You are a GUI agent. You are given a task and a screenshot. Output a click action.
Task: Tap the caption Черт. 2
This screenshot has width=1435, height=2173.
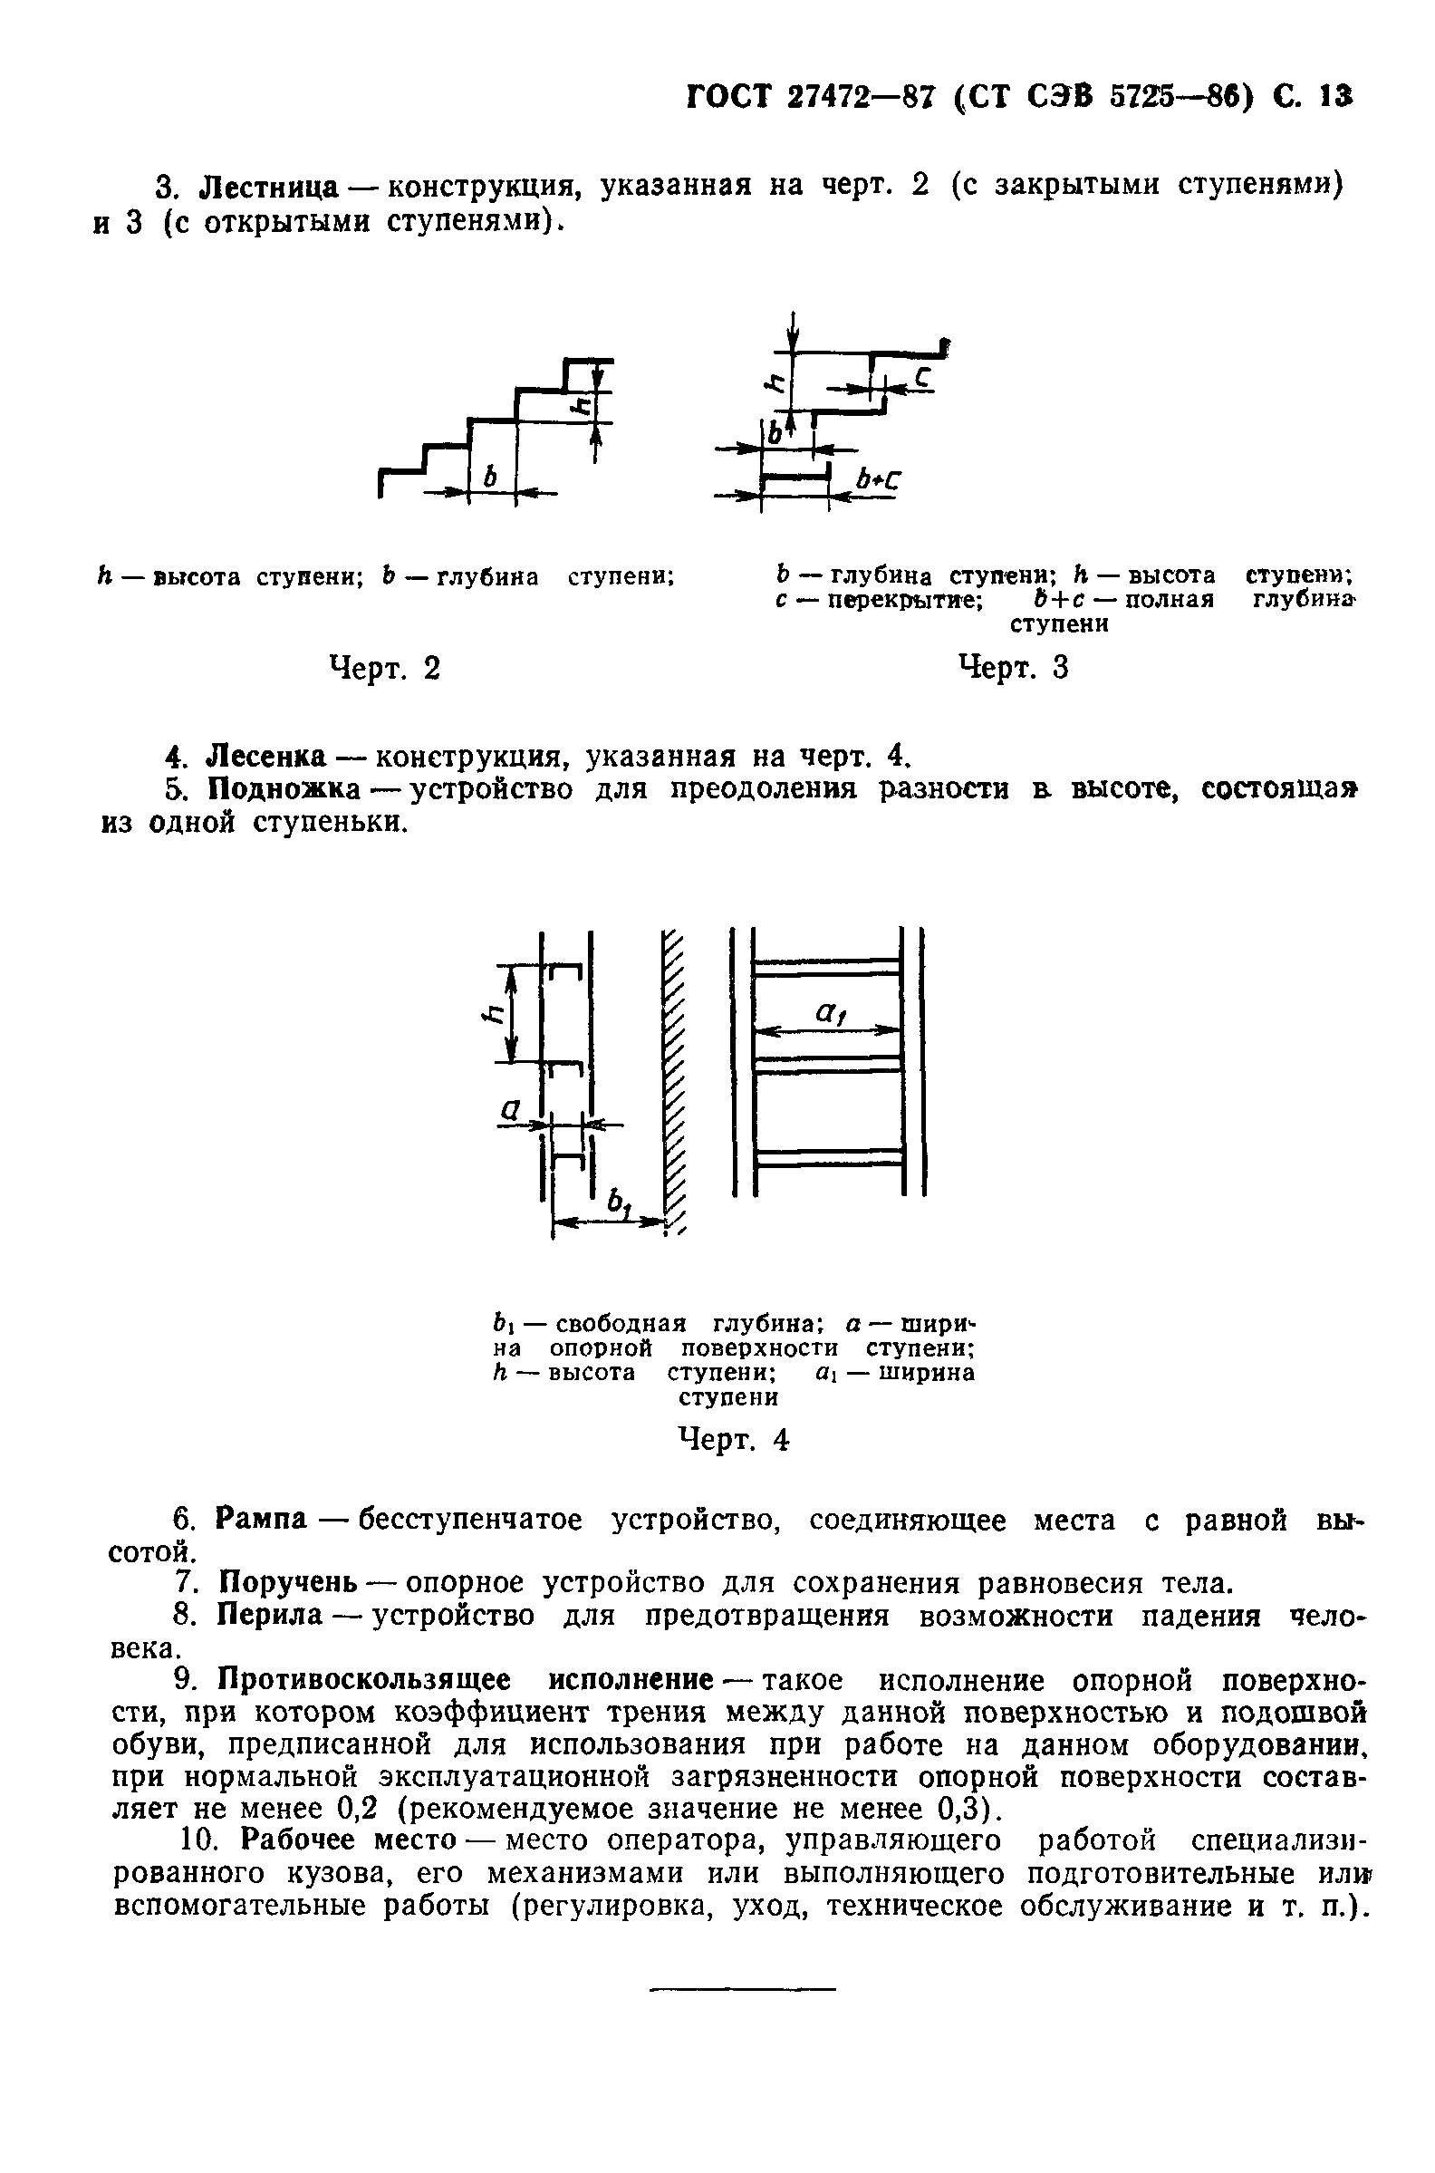click(384, 668)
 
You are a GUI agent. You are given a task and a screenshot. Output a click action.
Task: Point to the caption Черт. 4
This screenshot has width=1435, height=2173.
click(732, 1440)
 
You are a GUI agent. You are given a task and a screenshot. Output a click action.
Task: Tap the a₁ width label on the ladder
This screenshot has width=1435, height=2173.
click(828, 1012)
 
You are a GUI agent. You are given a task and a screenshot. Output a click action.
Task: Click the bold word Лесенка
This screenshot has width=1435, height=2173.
click(266, 757)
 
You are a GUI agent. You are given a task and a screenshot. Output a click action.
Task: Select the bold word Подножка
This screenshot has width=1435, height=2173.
click(284, 789)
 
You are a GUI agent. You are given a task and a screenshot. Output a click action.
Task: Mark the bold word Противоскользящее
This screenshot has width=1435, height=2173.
click(363, 1681)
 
